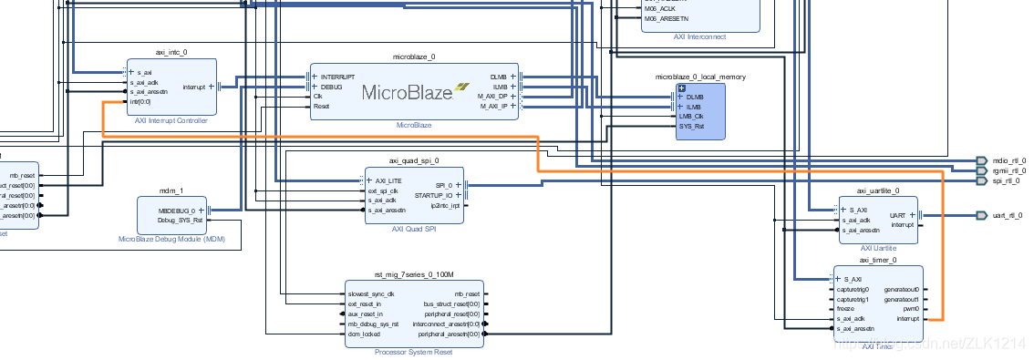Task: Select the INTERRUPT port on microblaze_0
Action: [x=337, y=77]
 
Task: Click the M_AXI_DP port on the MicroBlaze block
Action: [x=492, y=96]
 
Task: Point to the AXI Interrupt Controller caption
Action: [x=171, y=120]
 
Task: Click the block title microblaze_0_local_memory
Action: [x=700, y=77]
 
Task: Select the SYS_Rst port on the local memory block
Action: [x=691, y=127]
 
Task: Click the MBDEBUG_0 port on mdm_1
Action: [x=177, y=211]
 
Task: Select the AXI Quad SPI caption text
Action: [x=414, y=230]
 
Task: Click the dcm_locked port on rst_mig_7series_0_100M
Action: [x=365, y=334]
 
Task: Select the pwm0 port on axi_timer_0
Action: [x=910, y=309]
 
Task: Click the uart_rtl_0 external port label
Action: [x=1008, y=216]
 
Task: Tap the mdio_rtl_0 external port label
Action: [x=1008, y=159]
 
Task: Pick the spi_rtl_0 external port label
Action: [x=1006, y=181]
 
